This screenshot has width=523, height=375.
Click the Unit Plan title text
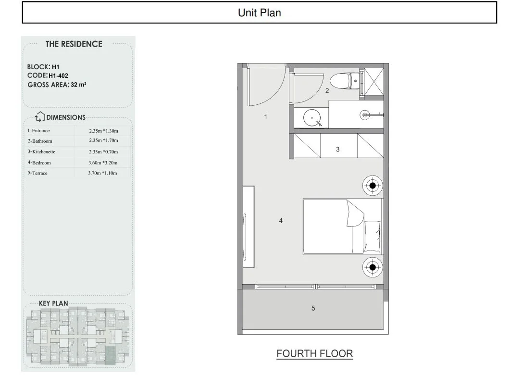259,12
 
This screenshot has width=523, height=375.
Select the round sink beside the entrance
312,118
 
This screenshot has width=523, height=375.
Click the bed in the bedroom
343,226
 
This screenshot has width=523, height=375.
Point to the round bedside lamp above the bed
373,186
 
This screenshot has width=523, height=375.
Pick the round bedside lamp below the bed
373,267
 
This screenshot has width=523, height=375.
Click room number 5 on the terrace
313,308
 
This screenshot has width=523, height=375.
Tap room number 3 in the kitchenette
337,150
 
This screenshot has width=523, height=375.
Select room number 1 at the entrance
265,117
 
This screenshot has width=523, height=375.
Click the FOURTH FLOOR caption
314,354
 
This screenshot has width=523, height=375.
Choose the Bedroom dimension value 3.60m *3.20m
103,163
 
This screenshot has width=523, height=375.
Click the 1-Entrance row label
38,130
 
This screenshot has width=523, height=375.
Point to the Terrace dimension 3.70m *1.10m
102,173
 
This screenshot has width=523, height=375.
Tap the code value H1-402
58,76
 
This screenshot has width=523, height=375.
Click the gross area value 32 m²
78,85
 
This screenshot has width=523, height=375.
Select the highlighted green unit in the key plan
111,355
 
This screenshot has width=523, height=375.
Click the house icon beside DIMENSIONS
40,117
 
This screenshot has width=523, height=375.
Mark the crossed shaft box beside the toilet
374,82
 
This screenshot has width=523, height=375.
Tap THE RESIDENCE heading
74,44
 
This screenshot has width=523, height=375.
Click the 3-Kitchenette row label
41,151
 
